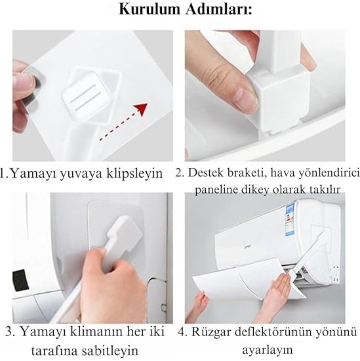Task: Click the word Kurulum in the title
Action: [x=150, y=10]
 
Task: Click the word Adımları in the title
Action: [x=219, y=10]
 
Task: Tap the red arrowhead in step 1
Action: [x=140, y=109]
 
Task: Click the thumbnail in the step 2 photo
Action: [x=245, y=98]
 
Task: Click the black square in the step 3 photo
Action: [x=20, y=281]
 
